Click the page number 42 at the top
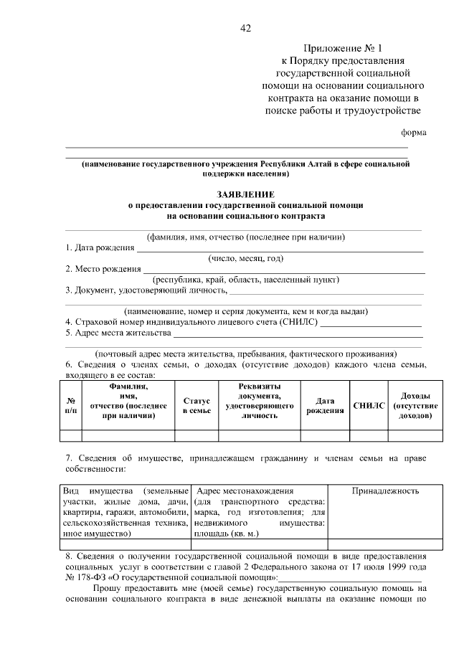tap(245, 28)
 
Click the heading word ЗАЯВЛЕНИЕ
tap(245, 194)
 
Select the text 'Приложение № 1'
tap(339, 48)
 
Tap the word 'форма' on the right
tap(413, 133)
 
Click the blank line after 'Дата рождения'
tap(280, 248)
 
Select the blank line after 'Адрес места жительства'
tap(298, 333)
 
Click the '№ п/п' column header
tap(71, 406)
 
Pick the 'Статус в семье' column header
tap(197, 406)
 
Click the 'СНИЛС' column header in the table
tap(369, 406)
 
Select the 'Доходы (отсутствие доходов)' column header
tap(410, 406)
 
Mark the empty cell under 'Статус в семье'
tap(197, 435)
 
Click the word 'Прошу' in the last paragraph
tap(107, 589)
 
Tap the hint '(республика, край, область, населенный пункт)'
tap(245, 280)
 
